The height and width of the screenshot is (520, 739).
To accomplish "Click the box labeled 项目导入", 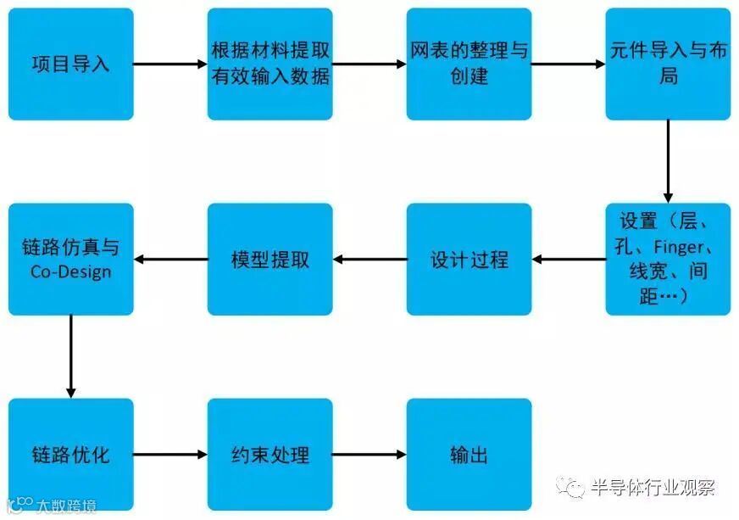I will tap(70, 64).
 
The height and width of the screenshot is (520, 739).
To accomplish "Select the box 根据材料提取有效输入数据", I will tap(269, 64).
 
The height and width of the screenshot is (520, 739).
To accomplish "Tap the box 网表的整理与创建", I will tap(469, 64).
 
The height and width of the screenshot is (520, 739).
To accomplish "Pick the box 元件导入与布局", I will tap(668, 64).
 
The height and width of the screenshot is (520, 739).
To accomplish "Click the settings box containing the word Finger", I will tap(668, 259).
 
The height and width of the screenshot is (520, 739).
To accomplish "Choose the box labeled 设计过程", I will tap(469, 259).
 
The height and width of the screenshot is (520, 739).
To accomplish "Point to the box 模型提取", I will tap(269, 259).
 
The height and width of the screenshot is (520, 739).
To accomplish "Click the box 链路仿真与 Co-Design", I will tap(70, 259).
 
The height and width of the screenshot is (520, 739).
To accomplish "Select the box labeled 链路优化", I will tap(70, 454).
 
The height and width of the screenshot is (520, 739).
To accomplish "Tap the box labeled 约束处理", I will tap(269, 454).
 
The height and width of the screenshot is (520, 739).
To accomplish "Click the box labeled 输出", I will tap(469, 454).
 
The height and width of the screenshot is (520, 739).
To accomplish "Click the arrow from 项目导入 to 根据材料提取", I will tap(169, 64).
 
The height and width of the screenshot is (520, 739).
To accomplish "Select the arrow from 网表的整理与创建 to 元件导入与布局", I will tap(568, 64).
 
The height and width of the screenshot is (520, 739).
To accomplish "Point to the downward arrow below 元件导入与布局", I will tap(668, 161).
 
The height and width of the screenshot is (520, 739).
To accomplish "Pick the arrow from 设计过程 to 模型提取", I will tap(369, 259).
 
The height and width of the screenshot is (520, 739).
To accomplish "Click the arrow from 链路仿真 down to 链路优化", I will tap(70, 356).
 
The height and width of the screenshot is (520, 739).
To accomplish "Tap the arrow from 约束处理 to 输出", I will tap(369, 455).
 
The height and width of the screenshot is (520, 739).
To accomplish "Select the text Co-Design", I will tap(70, 271).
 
